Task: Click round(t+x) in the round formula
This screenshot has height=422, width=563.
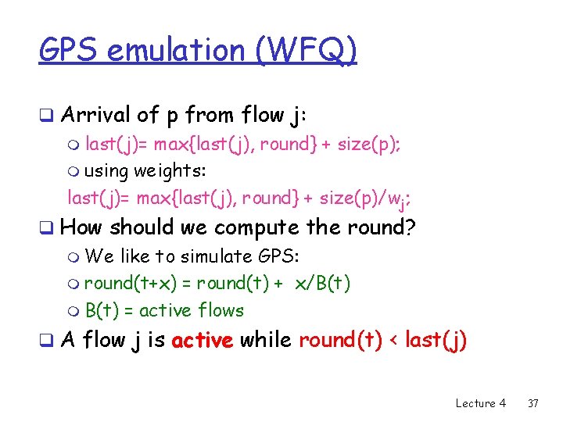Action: click(137, 283)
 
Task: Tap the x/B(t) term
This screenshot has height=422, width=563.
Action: click(322, 283)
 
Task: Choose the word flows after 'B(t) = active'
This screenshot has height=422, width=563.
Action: click(221, 310)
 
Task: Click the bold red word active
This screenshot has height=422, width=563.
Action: click(203, 341)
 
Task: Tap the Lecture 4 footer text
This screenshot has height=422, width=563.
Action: click(480, 403)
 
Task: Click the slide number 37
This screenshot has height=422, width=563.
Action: click(533, 403)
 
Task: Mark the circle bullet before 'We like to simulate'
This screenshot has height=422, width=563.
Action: click(74, 257)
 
